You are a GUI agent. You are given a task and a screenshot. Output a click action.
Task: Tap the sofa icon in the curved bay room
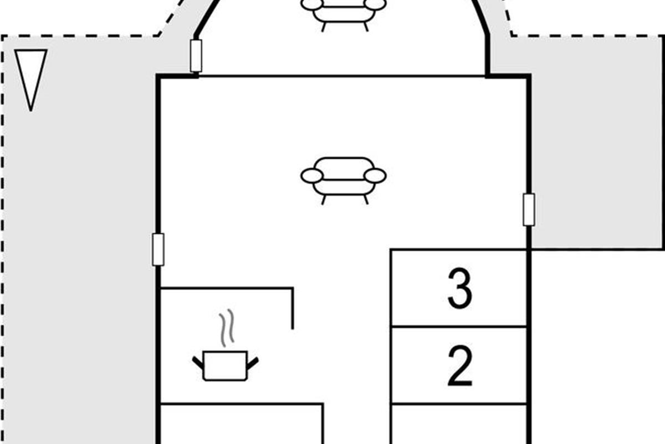tap(344, 12)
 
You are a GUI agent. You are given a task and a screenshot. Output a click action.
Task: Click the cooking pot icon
tap(226, 366)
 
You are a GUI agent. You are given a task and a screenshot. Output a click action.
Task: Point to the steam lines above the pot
tap(227, 327)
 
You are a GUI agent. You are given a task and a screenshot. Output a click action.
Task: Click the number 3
tap(459, 288)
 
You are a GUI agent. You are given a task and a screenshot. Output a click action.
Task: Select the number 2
tap(459, 366)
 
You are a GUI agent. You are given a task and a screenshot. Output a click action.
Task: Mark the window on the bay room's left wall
tap(196, 56)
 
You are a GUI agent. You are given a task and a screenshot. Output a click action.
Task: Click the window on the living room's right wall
tap(529, 210)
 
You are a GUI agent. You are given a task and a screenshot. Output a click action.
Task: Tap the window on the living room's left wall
tap(158, 250)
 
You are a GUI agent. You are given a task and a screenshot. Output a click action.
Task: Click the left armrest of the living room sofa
tap(311, 175)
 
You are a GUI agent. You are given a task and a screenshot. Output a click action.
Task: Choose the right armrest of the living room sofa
tap(375, 175)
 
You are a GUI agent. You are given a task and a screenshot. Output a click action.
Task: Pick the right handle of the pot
tap(253, 363)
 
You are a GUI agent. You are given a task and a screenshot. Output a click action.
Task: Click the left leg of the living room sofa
tap(324, 200)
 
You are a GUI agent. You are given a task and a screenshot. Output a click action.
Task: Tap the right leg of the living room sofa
tap(366, 200)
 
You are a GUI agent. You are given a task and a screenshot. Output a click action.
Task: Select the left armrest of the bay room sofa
tap(311, 4)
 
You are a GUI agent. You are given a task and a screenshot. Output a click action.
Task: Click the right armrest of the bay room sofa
tap(375, 4)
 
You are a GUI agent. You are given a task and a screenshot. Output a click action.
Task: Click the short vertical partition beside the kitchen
tap(293, 309)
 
